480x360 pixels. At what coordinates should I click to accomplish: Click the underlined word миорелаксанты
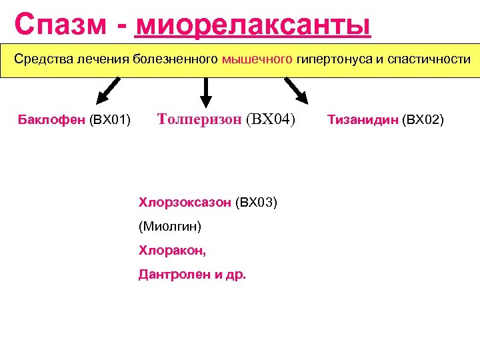pyautogui.click(x=253, y=25)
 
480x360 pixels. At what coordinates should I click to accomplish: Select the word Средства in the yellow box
pyautogui.click(x=43, y=59)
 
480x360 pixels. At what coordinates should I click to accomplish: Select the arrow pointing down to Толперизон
pyautogui.click(x=205, y=92)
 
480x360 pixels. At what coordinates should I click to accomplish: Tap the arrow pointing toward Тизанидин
pyautogui.click(x=297, y=91)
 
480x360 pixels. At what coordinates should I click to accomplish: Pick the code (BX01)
pyautogui.click(x=109, y=120)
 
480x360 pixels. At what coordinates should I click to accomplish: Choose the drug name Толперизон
pyautogui.click(x=199, y=119)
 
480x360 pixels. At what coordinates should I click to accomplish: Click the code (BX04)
pyautogui.click(x=270, y=119)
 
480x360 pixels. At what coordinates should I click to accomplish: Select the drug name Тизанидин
pyautogui.click(x=363, y=120)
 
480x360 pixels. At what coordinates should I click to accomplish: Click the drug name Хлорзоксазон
pyautogui.click(x=185, y=202)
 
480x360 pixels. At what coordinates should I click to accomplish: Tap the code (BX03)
pyautogui.click(x=256, y=202)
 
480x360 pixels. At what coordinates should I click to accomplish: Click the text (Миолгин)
pyautogui.click(x=170, y=226)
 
